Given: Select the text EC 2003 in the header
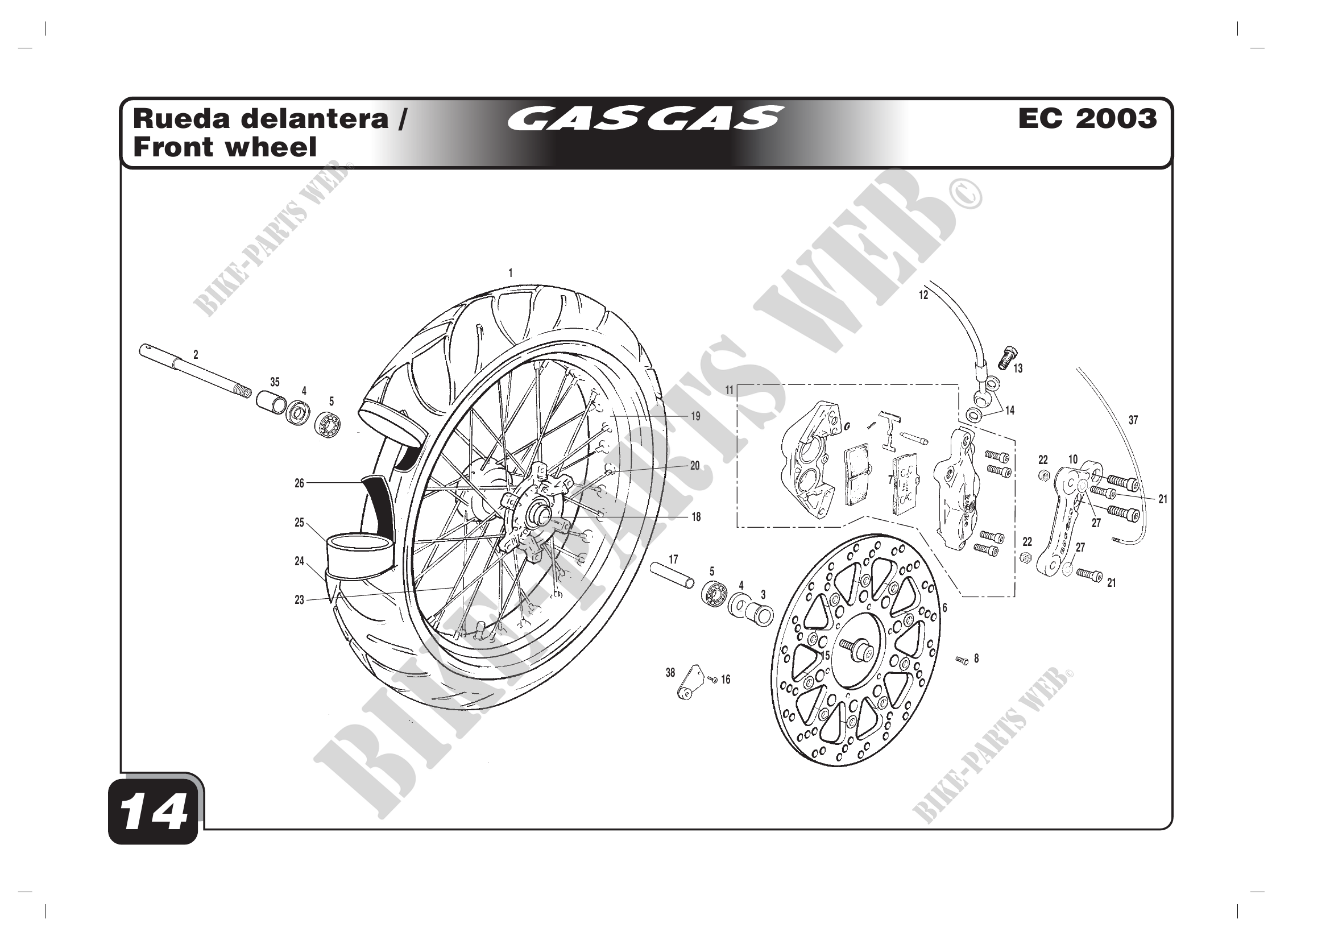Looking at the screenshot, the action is click(1087, 119).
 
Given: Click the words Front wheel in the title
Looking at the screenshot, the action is click(225, 147).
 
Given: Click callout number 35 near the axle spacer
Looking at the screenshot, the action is click(275, 382).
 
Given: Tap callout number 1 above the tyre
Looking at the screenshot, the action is click(510, 272).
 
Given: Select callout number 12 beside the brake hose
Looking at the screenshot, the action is click(923, 295).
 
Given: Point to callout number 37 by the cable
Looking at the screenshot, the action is click(1133, 420).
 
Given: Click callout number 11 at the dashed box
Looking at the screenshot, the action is click(730, 390).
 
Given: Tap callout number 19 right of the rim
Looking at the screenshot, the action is click(695, 416).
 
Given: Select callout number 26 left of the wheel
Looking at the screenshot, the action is click(299, 483).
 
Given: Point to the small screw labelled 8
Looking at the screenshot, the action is click(962, 660).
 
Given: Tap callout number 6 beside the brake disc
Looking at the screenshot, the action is click(945, 607).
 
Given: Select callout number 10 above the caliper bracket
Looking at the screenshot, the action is click(1073, 460).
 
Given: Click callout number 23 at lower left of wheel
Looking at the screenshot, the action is click(299, 601).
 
